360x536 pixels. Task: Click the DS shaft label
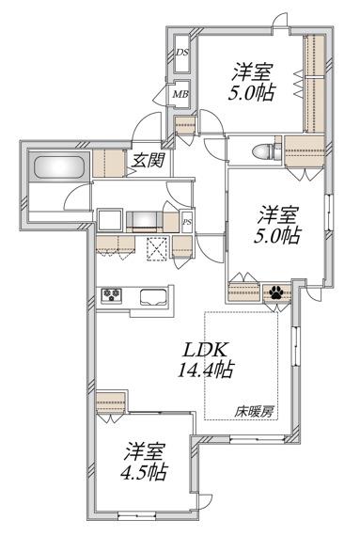182,53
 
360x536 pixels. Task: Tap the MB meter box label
180,94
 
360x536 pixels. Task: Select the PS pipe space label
187,222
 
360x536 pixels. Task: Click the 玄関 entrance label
149,160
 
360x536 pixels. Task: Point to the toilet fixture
266,150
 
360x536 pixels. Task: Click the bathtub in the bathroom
59,167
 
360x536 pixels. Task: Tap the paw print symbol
275,292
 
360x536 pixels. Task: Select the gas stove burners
112,294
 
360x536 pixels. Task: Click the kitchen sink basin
153,296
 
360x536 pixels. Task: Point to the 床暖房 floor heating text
254,412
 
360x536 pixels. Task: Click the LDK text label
205,350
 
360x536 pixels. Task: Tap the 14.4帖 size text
206,370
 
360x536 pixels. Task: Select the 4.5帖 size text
145,472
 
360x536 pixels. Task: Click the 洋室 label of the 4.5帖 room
145,452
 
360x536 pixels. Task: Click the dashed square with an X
158,248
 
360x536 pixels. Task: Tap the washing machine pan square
110,220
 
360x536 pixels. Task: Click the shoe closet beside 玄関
109,164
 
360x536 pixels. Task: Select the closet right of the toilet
305,151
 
